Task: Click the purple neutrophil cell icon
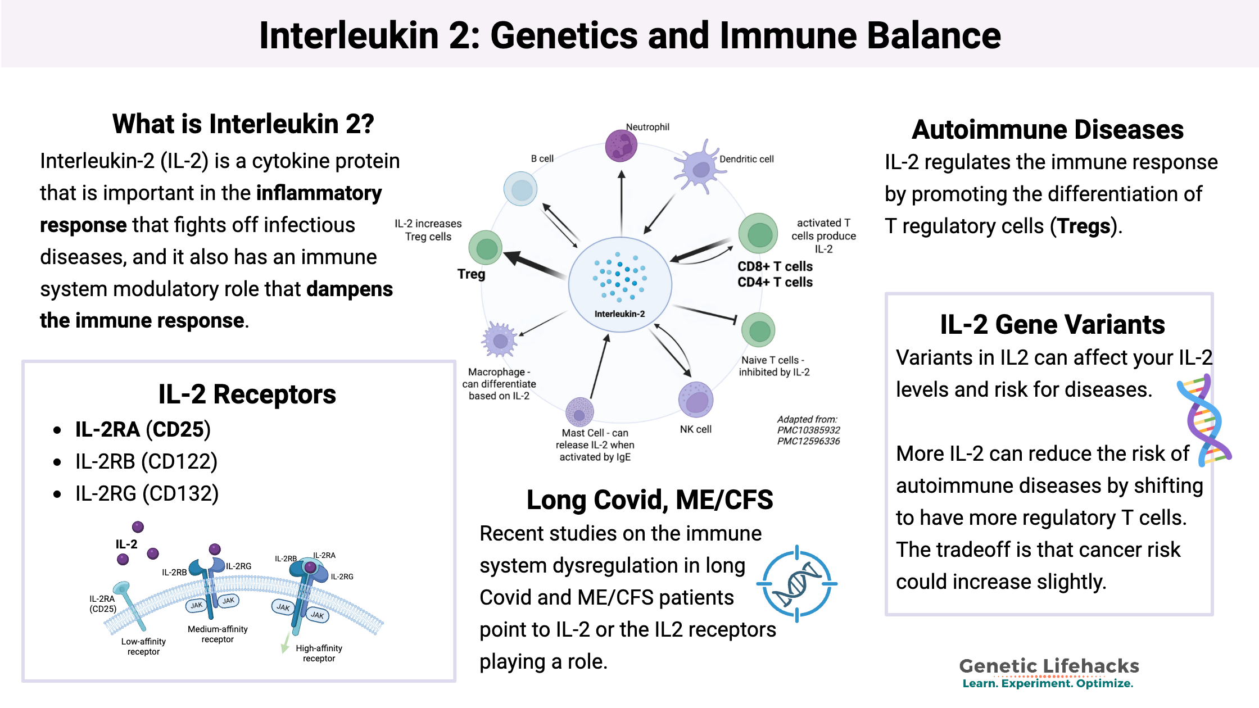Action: [x=621, y=146]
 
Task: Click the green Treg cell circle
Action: [x=486, y=248]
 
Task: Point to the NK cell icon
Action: [x=696, y=400]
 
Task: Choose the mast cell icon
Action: [x=579, y=412]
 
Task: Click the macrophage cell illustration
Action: [x=499, y=339]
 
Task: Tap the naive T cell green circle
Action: [x=758, y=330]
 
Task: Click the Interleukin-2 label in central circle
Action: [x=619, y=314]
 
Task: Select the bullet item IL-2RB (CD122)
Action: [x=146, y=461]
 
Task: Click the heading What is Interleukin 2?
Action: [x=243, y=124]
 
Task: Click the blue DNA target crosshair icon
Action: [x=797, y=584]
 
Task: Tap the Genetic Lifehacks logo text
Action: [x=1049, y=666]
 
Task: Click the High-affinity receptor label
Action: [x=319, y=653]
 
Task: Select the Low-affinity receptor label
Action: [x=143, y=646]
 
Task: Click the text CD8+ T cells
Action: [x=775, y=266]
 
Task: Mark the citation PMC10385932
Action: [x=808, y=430]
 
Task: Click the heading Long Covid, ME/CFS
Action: [x=650, y=500]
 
